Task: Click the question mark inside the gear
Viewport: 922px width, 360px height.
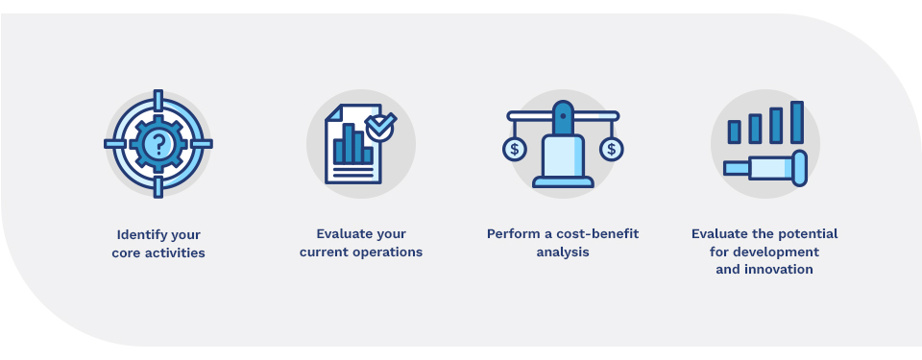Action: (x=158, y=144)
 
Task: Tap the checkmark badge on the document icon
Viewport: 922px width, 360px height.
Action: (x=381, y=126)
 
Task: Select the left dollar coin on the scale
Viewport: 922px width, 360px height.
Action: (x=516, y=149)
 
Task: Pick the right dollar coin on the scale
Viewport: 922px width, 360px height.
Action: (x=611, y=149)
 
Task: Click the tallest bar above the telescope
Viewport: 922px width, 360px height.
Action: (x=796, y=122)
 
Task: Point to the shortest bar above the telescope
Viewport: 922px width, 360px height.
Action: (x=734, y=132)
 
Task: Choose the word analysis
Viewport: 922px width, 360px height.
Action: (x=563, y=252)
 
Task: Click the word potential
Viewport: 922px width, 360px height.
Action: (x=803, y=234)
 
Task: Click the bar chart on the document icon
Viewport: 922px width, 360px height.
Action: (x=350, y=145)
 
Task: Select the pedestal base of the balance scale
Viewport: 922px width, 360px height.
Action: (x=563, y=180)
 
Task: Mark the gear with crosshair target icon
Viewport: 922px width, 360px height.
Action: (x=158, y=144)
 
